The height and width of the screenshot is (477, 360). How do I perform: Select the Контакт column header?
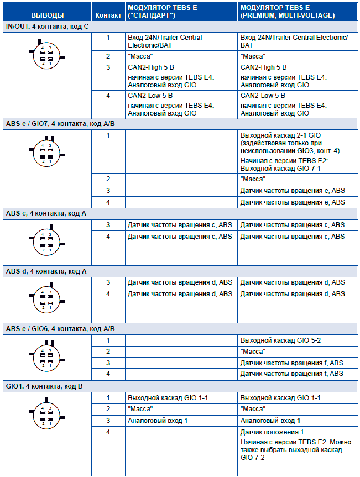tap(108, 15)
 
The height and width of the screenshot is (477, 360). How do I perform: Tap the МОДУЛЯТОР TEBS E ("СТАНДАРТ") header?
tap(160, 11)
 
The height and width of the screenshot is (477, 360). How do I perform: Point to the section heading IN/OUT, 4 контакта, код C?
tap(47, 27)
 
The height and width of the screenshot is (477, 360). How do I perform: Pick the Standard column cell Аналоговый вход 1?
tap(158, 421)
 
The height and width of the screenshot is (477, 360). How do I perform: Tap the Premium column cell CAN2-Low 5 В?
tap(263, 95)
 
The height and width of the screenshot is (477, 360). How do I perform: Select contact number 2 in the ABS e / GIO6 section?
tap(108, 352)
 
